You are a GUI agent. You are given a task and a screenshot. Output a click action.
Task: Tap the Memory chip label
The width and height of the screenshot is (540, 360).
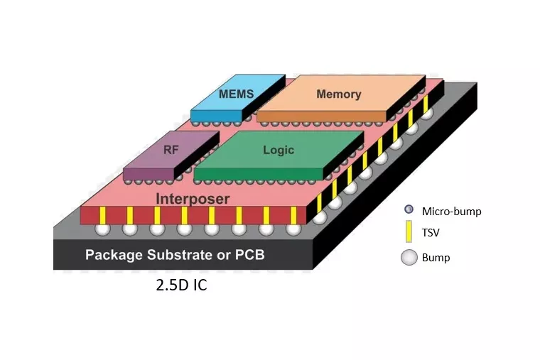[x=338, y=94]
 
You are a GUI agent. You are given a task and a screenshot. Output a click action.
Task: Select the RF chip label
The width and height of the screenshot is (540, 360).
[x=171, y=150]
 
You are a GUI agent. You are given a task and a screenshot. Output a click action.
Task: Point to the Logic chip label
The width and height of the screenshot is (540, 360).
[x=278, y=150]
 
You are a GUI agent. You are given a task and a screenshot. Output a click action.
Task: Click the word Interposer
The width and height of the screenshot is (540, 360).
[x=193, y=199]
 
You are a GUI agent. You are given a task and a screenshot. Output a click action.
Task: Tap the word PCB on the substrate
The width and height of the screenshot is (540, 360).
[x=249, y=255]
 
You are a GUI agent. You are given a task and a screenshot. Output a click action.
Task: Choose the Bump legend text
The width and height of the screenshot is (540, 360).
[x=436, y=257]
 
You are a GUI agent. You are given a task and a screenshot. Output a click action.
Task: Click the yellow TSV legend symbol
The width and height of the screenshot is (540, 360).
[x=409, y=232]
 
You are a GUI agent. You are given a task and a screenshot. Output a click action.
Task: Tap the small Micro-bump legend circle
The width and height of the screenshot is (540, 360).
[x=409, y=210]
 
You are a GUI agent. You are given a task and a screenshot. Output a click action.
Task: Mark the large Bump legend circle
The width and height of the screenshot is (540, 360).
[x=409, y=257]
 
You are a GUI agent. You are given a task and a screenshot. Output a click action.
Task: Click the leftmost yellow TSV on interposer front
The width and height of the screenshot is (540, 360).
[x=102, y=214]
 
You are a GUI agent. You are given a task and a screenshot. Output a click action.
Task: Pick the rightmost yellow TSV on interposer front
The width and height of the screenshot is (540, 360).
[x=293, y=214]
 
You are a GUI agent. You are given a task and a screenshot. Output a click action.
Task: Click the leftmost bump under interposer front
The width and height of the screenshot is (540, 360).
[x=102, y=229]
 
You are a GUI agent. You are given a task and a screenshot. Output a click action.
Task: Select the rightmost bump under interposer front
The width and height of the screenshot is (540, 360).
[x=293, y=229]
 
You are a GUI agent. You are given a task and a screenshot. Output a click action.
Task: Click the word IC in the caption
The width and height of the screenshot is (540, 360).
[x=198, y=287]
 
